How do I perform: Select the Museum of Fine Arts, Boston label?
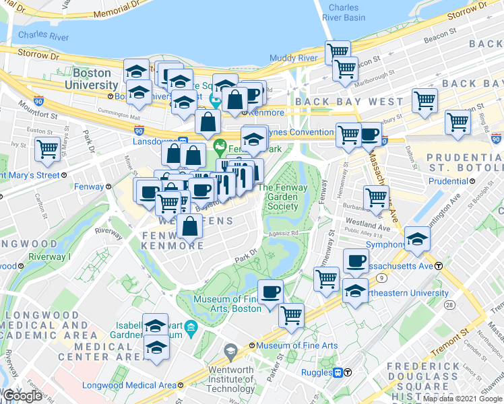point(226,304)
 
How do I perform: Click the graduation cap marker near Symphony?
point(418,238)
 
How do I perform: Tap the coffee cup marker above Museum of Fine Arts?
point(271,292)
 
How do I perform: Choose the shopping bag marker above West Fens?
point(191,226)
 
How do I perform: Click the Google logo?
point(23,397)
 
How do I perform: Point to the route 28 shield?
point(448,306)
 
